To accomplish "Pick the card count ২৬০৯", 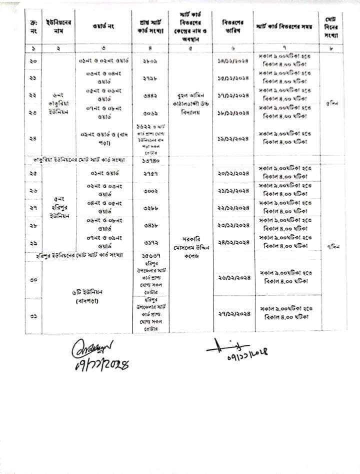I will (150, 61).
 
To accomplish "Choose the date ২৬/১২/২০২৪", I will (233, 277).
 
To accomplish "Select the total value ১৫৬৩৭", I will (150, 255).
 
